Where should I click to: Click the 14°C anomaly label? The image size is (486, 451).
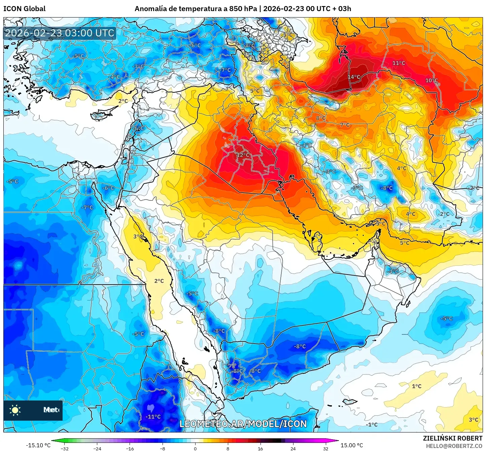coord(354,77)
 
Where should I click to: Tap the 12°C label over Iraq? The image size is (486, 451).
coord(243,155)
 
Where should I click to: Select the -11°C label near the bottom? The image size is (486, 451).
coord(153,417)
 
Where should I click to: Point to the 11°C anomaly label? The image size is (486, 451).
coord(398,63)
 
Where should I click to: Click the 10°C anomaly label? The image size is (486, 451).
coord(431,80)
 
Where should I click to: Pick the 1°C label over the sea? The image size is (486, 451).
coord(417,386)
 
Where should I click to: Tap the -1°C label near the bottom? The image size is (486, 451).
coord(372,425)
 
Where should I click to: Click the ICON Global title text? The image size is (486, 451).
coord(24,9)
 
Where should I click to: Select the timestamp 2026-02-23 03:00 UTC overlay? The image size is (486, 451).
coord(60,33)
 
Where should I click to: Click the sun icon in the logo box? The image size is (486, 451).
coord(15,410)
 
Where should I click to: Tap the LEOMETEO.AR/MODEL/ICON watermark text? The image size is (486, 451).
coord(243,424)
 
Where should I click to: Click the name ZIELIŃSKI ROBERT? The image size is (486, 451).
coord(452,438)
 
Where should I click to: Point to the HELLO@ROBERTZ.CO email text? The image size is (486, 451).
coord(454,446)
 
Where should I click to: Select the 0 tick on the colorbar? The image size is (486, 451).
coord(195,448)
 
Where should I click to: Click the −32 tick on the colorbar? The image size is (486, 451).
coord(65,448)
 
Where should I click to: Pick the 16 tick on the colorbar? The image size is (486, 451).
coord(260,448)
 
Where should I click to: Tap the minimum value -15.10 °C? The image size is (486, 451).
coord(38,445)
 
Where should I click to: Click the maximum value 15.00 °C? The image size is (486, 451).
coord(352,445)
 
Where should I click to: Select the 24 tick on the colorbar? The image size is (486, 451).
coord(293,448)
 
